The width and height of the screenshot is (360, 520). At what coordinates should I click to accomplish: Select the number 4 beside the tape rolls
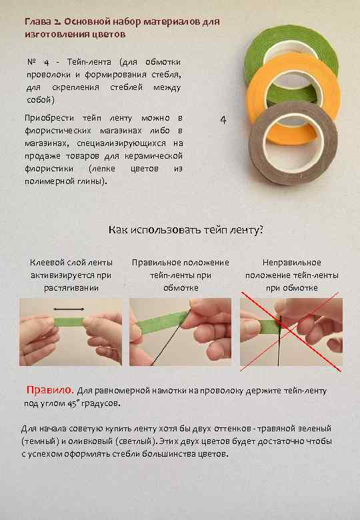pyautogui.click(x=223, y=121)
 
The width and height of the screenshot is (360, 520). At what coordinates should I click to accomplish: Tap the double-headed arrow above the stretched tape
pyautogui.click(x=68, y=309)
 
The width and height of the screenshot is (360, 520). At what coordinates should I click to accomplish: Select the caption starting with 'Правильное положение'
pyautogui.click(x=180, y=275)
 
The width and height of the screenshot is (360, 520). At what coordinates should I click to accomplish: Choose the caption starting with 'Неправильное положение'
pyautogui.click(x=291, y=275)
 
